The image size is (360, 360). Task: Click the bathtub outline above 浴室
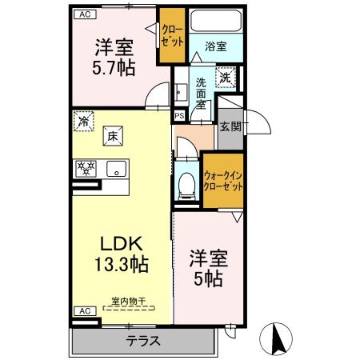point(214,22)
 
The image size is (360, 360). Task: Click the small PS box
point(179,115)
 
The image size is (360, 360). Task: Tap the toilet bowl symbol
point(186,182)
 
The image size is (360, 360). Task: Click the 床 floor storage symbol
point(114,137)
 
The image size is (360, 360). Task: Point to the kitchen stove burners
point(86,168)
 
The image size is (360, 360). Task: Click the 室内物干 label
point(128,301)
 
